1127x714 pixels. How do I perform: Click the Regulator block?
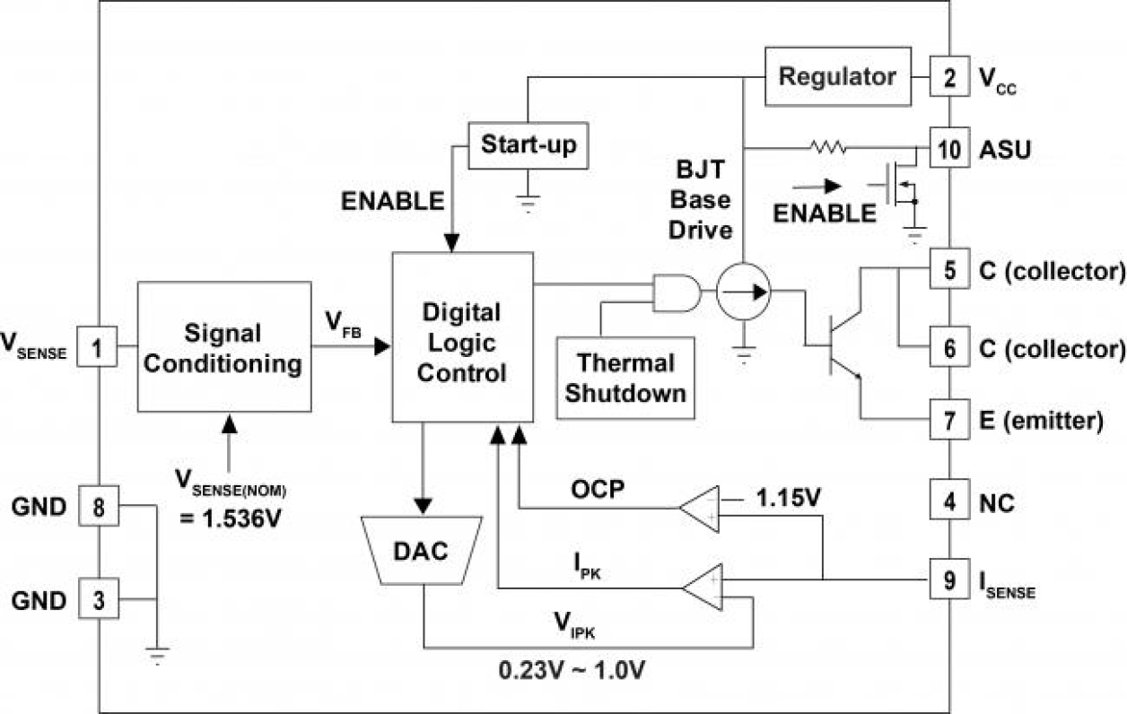click(x=836, y=76)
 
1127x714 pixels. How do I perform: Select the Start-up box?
click(x=529, y=144)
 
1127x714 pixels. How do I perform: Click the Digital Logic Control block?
click(x=462, y=337)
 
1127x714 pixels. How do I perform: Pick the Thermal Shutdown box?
click(x=626, y=378)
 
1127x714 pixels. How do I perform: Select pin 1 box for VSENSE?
click(x=98, y=347)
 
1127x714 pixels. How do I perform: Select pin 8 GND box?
click(x=98, y=507)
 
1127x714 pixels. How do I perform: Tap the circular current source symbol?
click(x=744, y=292)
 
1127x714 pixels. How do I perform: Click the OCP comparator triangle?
click(x=701, y=509)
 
